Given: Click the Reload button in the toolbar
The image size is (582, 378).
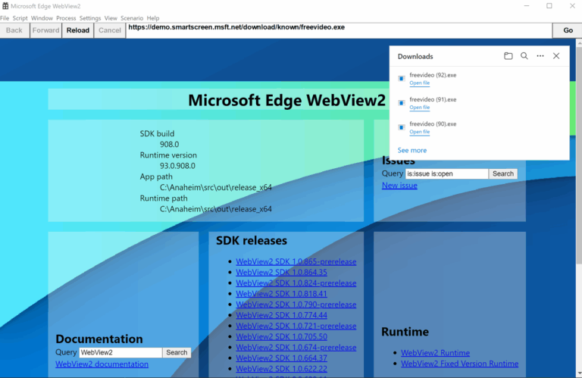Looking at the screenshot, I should pyautogui.click(x=78, y=30).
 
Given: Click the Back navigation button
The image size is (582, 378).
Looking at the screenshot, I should pyautogui.click(x=14, y=30).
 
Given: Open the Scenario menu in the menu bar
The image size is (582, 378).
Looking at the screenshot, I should pyautogui.click(x=132, y=18).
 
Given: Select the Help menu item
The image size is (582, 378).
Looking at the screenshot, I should pyautogui.click(x=153, y=18).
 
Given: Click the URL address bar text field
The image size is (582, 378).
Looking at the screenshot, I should pyautogui.click(x=339, y=28).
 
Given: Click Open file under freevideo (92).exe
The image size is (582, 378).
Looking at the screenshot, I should pyautogui.click(x=419, y=83).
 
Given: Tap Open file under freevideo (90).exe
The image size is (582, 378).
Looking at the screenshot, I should pyautogui.click(x=419, y=132).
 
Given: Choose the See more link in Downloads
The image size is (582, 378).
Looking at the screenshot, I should pyautogui.click(x=412, y=150).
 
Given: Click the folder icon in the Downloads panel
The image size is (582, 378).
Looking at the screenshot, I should pyautogui.click(x=508, y=56).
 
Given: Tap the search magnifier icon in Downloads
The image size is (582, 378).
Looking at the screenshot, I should pyautogui.click(x=524, y=56).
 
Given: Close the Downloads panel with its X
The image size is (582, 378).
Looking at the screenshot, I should pyautogui.click(x=556, y=56).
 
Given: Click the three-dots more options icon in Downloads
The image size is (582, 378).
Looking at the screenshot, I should pyautogui.click(x=540, y=56).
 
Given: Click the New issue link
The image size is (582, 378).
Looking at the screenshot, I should pyautogui.click(x=399, y=186).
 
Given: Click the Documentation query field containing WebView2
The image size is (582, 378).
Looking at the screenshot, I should pyautogui.click(x=120, y=352).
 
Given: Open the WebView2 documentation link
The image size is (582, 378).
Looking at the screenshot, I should pyautogui.click(x=102, y=364).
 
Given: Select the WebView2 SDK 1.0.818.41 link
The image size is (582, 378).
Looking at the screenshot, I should pyautogui.click(x=281, y=294).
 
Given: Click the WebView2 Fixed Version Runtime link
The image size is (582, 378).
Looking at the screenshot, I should pyautogui.click(x=459, y=364).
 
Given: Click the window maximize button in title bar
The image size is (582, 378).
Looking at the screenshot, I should pyautogui.click(x=549, y=6).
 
